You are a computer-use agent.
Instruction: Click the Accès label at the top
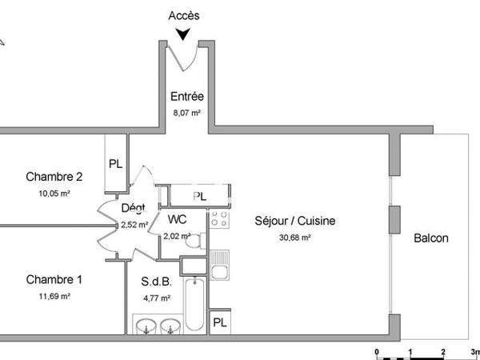(x=185, y=15)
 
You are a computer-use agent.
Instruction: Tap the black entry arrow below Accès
(x=185, y=34)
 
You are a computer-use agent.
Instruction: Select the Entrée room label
(x=187, y=97)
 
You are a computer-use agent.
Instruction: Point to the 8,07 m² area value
(x=186, y=113)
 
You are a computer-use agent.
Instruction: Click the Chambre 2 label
(x=54, y=177)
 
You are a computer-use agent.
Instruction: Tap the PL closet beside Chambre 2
(x=116, y=164)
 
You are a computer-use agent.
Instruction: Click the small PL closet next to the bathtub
(x=219, y=323)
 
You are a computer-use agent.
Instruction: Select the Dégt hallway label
(x=133, y=209)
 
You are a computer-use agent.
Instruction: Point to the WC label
(x=178, y=219)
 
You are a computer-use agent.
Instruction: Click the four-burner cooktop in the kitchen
(x=219, y=218)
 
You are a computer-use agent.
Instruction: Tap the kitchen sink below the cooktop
(x=219, y=262)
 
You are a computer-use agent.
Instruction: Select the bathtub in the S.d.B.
(x=194, y=306)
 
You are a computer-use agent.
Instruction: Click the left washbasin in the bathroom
(x=146, y=326)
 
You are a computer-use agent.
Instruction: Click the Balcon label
(x=430, y=238)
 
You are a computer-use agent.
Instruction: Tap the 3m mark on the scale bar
(x=473, y=352)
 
